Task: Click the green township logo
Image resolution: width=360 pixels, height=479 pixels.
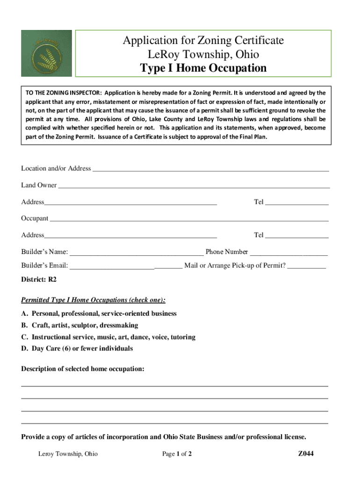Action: point(46,53)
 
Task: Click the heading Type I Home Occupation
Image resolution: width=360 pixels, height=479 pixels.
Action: point(203,68)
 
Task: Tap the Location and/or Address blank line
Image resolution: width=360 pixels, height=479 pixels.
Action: point(210,169)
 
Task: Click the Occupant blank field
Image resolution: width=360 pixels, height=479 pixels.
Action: point(189,219)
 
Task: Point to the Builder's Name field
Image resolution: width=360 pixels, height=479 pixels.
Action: point(136,253)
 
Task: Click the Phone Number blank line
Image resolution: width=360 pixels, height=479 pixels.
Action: point(288,253)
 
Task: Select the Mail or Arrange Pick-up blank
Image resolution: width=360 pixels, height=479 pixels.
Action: point(306,267)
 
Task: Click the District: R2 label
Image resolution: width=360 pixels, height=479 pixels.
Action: point(39,280)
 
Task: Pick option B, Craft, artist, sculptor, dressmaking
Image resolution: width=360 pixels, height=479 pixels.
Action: point(80,325)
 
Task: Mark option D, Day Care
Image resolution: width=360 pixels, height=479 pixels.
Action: point(77,348)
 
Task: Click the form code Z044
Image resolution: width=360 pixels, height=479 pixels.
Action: point(306,453)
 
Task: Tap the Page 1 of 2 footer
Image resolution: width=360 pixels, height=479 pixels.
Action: point(177,454)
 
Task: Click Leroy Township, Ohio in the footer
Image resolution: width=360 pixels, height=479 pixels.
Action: point(68,454)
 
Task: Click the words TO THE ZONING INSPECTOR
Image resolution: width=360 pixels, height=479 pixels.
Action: point(62,93)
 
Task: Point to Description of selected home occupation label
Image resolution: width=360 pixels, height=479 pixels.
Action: point(83,369)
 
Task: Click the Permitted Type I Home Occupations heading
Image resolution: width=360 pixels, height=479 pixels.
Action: point(94,300)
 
